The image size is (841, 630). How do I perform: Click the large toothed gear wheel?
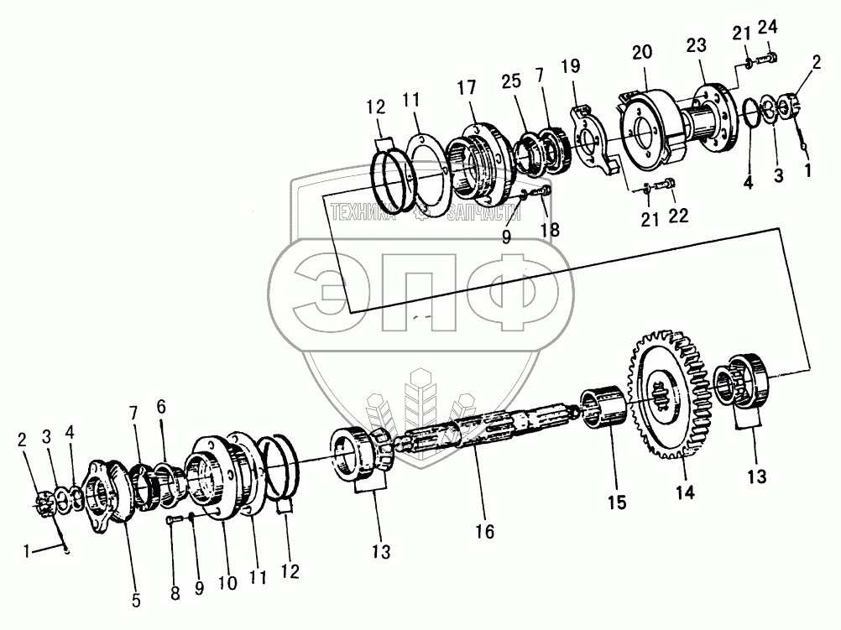(671, 396)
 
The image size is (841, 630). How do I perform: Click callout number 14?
(685, 492)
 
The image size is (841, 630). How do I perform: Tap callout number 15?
(617, 502)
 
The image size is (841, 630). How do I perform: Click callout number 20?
(642, 52)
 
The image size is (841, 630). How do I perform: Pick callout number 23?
(696, 45)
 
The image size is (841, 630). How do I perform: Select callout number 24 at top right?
(767, 26)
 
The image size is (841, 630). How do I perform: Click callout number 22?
(678, 216)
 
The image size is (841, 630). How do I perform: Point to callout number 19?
(570, 66)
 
